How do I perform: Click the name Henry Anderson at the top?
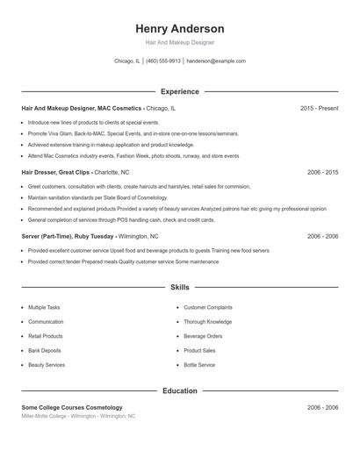pyautogui.click(x=180, y=29)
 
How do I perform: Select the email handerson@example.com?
pyautogui.click(x=216, y=61)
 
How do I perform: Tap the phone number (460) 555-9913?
pyautogui.click(x=163, y=61)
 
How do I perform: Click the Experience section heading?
pyautogui.click(x=180, y=91)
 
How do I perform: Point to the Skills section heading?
pyautogui.click(x=180, y=287)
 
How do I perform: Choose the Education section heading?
pyautogui.click(x=180, y=390)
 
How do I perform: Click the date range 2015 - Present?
pyautogui.click(x=319, y=108)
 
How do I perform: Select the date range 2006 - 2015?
pyautogui.click(x=322, y=172)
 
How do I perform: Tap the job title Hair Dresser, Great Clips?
pyautogui.click(x=56, y=172)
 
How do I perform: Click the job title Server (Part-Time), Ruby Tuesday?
pyautogui.click(x=67, y=236)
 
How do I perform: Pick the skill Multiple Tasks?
pyautogui.click(x=44, y=308)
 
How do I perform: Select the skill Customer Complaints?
pyautogui.click(x=208, y=308)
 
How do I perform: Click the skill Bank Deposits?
pyautogui.click(x=44, y=350)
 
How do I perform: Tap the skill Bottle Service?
pyautogui.click(x=199, y=364)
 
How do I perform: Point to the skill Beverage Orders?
pyautogui.click(x=203, y=336)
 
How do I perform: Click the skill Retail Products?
pyautogui.click(x=46, y=336)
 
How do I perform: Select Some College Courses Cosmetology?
pyautogui.click(x=72, y=407)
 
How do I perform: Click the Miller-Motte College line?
pyautogui.click(x=78, y=416)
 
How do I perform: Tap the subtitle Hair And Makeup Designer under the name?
pyautogui.click(x=180, y=42)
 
